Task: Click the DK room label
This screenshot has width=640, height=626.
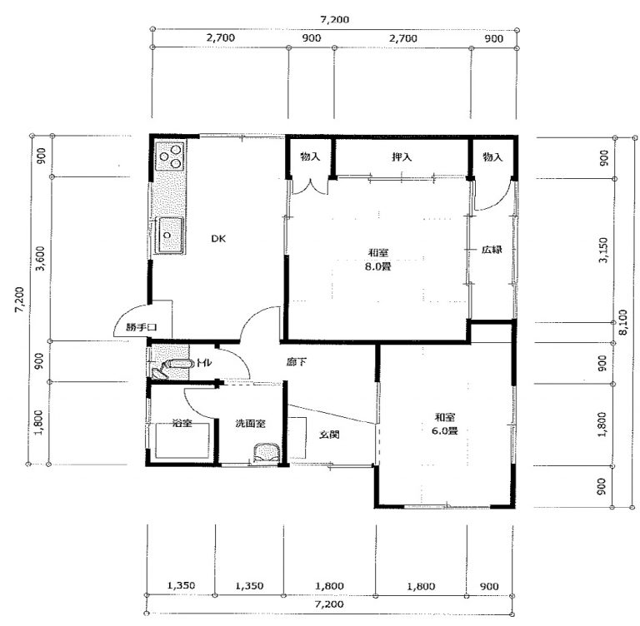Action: click(x=218, y=239)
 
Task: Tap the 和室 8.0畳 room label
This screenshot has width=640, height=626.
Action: click(x=378, y=260)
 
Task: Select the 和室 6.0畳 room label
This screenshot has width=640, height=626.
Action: click(x=444, y=424)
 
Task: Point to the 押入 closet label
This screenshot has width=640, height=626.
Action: click(x=402, y=156)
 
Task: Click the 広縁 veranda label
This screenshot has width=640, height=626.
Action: click(x=492, y=250)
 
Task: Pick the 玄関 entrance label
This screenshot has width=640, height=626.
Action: click(x=329, y=435)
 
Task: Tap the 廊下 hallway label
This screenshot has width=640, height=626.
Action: click(x=297, y=362)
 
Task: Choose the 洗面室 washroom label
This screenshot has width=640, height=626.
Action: click(x=250, y=424)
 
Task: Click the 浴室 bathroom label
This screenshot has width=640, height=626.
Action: click(x=182, y=423)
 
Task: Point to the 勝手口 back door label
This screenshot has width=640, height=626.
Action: click(x=141, y=327)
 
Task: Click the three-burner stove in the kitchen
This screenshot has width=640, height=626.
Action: click(x=171, y=156)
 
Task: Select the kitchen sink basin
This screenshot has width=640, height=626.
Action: click(x=170, y=235)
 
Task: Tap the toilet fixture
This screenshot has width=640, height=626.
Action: click(x=172, y=367)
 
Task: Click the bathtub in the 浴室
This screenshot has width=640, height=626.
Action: click(x=182, y=440)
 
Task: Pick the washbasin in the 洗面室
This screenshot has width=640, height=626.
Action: click(x=267, y=453)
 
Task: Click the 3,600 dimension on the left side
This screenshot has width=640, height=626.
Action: click(x=40, y=259)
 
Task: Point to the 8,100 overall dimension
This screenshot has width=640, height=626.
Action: click(x=623, y=322)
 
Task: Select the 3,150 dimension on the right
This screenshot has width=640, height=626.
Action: click(x=603, y=250)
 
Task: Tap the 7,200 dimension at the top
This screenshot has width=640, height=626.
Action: click(x=335, y=20)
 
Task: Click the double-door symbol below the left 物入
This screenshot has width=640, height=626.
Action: click(x=312, y=186)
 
